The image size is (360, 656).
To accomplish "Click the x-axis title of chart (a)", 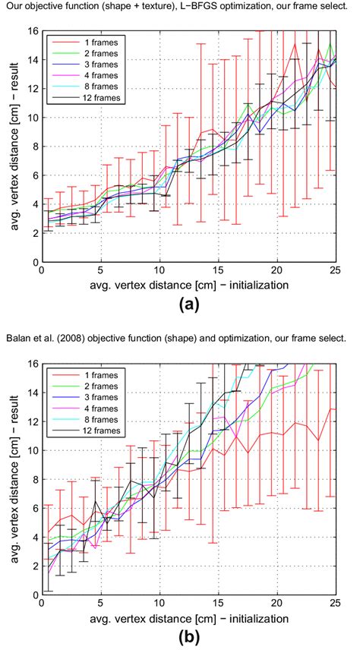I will point(188,285).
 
